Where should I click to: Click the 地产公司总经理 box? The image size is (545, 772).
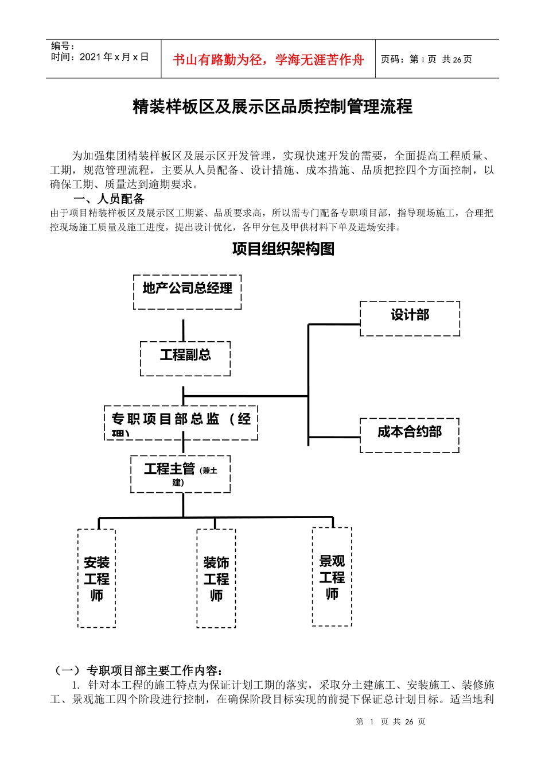click(187, 292)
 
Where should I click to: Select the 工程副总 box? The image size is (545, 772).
click(185, 358)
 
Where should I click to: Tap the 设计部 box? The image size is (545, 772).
click(410, 318)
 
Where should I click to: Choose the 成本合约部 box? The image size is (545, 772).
click(410, 435)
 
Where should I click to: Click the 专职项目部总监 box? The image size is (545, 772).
click(181, 423)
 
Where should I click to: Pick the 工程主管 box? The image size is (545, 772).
click(180, 474)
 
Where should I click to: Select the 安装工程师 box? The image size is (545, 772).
click(96, 578)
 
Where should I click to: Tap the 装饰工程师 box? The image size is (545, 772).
click(216, 578)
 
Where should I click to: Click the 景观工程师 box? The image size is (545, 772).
click(332, 576)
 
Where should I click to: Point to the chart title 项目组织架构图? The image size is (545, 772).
click(283, 249)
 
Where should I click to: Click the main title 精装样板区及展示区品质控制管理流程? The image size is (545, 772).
click(272, 107)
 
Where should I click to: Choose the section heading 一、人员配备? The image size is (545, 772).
click(109, 199)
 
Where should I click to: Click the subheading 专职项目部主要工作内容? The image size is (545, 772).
click(154, 670)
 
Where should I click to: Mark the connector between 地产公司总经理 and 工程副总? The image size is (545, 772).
click(184, 330)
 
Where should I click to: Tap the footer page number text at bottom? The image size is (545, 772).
click(390, 721)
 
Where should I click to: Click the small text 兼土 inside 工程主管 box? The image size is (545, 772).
click(209, 470)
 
